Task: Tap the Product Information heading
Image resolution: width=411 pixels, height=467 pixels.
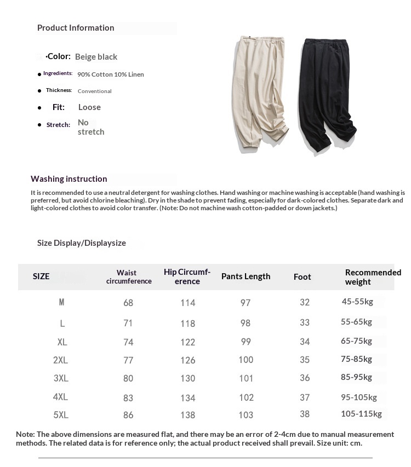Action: pos(76,28)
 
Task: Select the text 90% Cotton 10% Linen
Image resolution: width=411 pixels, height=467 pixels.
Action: pos(111,74)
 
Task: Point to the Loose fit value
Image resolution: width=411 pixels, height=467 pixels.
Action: pos(89,107)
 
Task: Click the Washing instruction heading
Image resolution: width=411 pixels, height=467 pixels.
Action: pos(69,179)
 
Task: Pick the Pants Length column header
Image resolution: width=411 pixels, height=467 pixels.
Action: pos(246,276)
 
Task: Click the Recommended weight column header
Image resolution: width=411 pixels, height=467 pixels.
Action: pos(373,277)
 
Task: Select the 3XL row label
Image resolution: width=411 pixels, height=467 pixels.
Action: pos(61,378)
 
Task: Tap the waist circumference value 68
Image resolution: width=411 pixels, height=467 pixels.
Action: pos(128,303)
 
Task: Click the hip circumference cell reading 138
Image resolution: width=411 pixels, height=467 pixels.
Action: pos(187,415)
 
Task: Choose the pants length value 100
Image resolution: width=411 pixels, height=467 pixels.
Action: pos(246,360)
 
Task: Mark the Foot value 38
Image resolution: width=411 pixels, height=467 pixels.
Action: pos(305,414)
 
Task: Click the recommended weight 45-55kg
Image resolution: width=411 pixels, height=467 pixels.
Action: pos(357,302)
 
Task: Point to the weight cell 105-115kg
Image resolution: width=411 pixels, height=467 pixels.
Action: pos(361,414)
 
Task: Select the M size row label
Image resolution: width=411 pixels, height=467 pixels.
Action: pos(61,302)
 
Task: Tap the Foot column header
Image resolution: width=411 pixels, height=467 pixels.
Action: pos(302,277)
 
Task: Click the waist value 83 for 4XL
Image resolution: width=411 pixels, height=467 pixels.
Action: pos(128,397)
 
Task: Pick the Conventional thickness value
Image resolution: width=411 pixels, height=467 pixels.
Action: pos(95,91)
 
